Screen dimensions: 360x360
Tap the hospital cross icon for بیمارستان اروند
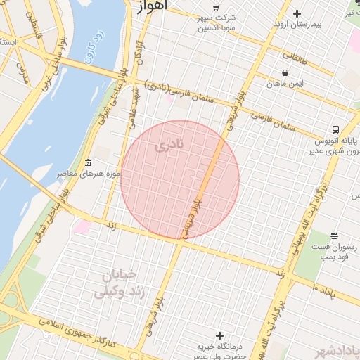coord(297,13)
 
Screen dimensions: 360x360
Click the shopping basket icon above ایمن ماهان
coord(284,72)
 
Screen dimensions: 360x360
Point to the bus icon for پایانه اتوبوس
coord(336,130)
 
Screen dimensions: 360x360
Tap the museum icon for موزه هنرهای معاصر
coord(88,162)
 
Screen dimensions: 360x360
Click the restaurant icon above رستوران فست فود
coord(333,235)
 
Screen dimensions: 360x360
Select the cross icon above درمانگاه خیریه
coord(220,335)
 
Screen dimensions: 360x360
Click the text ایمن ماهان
coord(284,84)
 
